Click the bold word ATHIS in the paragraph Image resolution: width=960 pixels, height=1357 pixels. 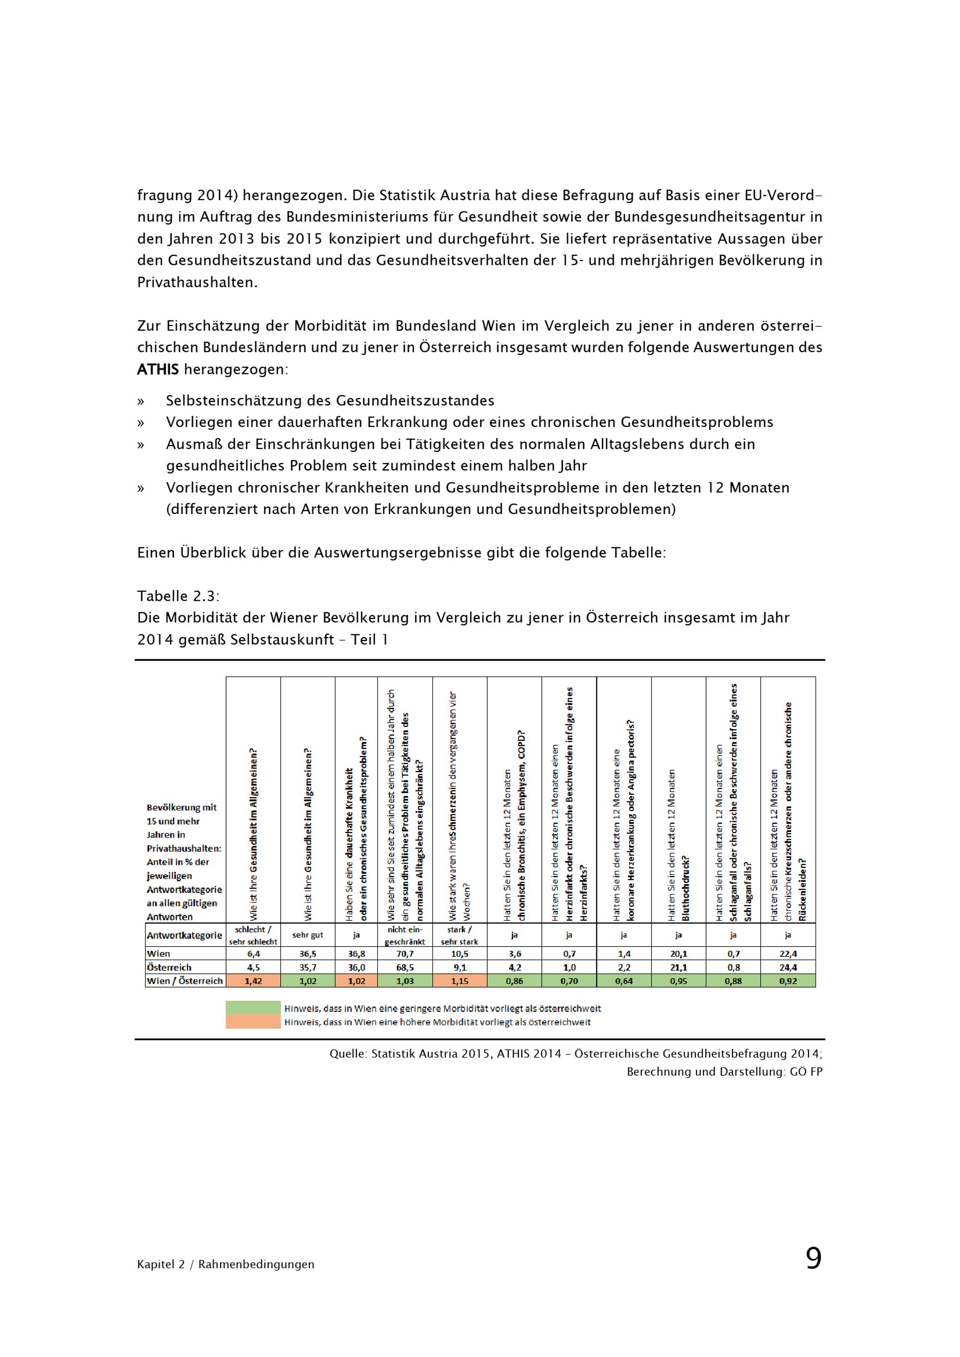point(158,370)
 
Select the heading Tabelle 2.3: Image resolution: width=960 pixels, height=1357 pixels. point(179,596)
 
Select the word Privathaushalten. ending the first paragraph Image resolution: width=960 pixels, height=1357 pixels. point(197,283)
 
